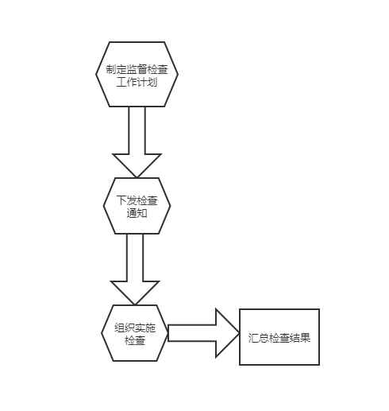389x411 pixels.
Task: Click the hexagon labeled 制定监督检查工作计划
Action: tap(137, 74)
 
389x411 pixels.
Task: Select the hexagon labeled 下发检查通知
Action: tap(137, 206)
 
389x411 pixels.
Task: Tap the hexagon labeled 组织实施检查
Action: tap(135, 333)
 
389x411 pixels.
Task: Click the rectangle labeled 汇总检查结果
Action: tap(279, 337)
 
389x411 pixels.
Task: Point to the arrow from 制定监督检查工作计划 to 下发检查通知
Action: tap(137, 142)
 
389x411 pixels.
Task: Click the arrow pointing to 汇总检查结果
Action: tap(204, 333)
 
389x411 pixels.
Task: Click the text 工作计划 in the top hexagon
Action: tap(137, 82)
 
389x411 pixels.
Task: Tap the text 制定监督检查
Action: tap(137, 70)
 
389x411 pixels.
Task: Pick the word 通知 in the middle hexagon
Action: tap(137, 213)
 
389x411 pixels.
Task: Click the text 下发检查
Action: tap(137, 200)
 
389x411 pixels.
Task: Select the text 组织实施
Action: tap(135, 328)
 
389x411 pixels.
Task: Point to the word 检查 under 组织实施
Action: tap(135, 340)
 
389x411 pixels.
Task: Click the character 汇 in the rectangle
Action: tap(253, 338)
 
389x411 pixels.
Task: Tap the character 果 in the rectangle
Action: tap(305, 338)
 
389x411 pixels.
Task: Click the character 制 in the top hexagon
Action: tap(111, 70)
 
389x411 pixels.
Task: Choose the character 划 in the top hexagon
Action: tap(152, 82)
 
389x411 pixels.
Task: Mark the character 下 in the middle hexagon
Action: tap(121, 200)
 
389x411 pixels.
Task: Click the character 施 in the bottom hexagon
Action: tap(151, 328)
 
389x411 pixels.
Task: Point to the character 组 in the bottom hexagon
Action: tap(120, 328)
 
